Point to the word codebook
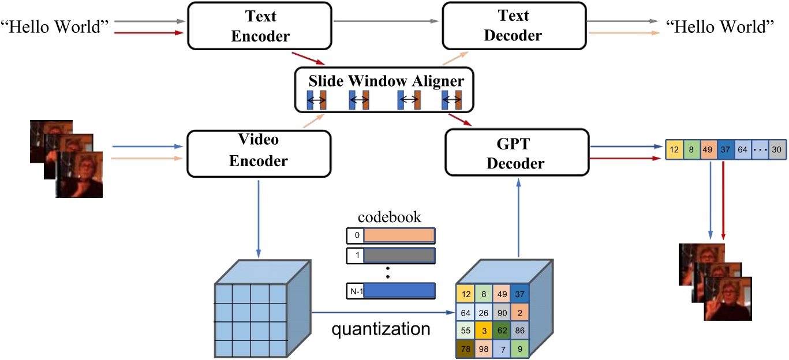click(x=390, y=217)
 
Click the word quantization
click(x=381, y=329)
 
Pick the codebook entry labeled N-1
click(x=390, y=290)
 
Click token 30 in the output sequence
click(x=777, y=149)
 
